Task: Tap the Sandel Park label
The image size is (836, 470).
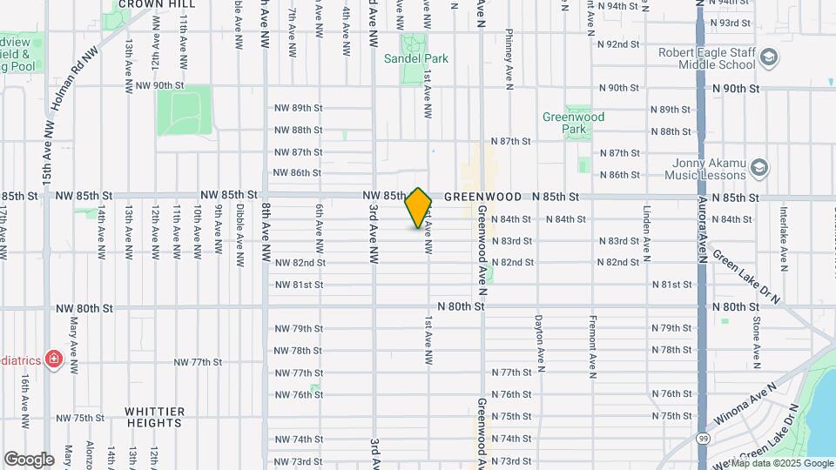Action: [416, 59]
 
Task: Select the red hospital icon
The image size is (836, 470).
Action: [53, 359]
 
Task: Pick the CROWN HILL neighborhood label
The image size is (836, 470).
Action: [157, 4]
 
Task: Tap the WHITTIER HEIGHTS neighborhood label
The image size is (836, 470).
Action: [154, 417]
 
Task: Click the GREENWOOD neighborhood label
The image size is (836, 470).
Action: [482, 198]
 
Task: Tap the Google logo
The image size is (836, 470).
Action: [30, 459]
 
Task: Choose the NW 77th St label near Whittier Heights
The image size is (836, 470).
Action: [198, 362]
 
